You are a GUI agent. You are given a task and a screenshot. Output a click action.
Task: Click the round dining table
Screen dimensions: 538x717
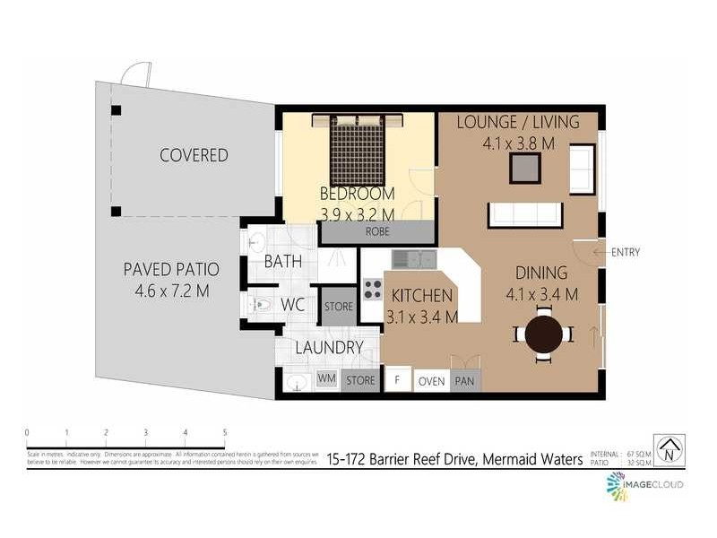tap(543, 334)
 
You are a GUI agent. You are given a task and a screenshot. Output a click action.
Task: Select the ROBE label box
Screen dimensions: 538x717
tap(376, 231)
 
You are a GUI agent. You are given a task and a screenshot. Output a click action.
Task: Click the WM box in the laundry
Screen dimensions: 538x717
tap(327, 380)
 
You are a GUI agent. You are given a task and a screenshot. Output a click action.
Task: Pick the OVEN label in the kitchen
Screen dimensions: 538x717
tap(432, 381)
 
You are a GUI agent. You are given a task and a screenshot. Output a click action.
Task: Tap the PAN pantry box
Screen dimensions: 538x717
tap(465, 381)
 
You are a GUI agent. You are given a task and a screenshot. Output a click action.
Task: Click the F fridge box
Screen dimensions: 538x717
tap(397, 380)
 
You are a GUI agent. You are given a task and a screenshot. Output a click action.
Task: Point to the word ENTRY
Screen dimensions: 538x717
tap(626, 252)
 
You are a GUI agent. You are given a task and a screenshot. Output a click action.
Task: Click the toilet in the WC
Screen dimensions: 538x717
tap(260, 306)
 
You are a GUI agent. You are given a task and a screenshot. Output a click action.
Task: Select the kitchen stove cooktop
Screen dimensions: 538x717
tap(372, 290)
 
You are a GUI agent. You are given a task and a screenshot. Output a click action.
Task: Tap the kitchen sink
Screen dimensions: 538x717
tap(414, 260)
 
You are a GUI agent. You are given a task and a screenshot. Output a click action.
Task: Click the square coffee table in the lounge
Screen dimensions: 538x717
tap(525, 169)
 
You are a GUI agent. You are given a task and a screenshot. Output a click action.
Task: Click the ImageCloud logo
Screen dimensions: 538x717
tap(644, 484)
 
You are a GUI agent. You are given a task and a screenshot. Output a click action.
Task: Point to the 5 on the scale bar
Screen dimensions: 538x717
tap(224, 433)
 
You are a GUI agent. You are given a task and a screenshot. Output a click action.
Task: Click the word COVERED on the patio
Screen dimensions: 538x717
tap(194, 155)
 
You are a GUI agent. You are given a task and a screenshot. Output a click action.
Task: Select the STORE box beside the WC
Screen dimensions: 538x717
tap(339, 307)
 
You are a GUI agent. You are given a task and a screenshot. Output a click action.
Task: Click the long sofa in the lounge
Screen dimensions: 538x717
tap(525, 215)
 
